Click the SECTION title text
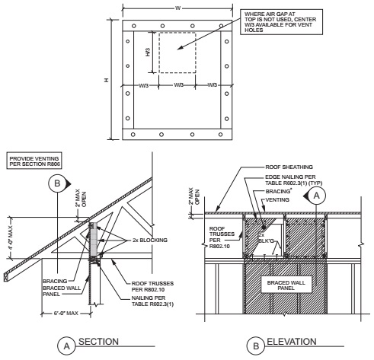tap(98, 342)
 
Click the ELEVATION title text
tap(292, 342)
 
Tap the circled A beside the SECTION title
tap(66, 346)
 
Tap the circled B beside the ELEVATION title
tap(256, 346)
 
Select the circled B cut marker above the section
tap(57, 183)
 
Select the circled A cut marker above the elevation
tap(316, 196)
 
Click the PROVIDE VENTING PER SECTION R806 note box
tap(34, 161)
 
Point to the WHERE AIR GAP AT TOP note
tap(281, 22)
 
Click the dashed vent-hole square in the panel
tap(177, 53)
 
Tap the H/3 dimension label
tap(148, 53)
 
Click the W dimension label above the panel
tap(177, 8)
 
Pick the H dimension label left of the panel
tap(107, 80)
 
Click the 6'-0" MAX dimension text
tap(66, 314)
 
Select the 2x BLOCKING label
tap(150, 240)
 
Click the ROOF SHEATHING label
tap(289, 167)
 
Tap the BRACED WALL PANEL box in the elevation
tap(286, 285)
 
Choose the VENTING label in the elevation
tap(277, 199)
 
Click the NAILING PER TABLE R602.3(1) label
tap(152, 301)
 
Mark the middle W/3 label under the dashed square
tap(179, 85)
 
